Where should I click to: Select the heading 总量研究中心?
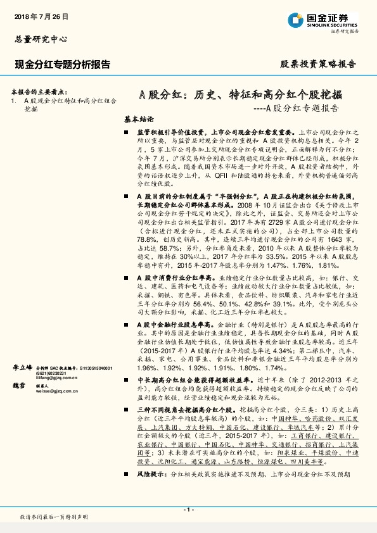tap(41, 39)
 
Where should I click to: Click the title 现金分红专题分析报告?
tap(63, 64)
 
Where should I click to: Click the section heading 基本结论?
tap(139, 119)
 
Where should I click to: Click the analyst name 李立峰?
tap(23, 367)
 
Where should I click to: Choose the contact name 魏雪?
tap(20, 385)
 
